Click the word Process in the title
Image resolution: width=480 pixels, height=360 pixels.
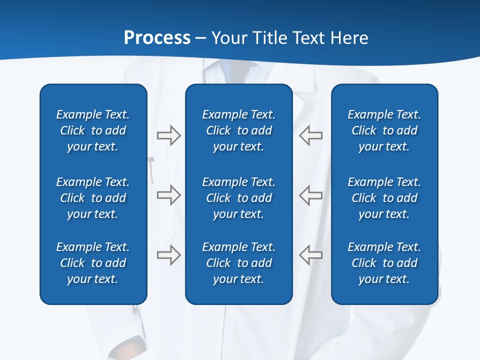(157, 38)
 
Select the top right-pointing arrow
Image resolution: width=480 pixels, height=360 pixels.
(168, 135)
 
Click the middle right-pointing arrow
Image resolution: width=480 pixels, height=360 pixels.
(168, 195)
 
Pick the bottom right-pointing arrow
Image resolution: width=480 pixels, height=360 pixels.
(168, 255)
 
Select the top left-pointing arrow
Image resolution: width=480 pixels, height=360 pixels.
(311, 135)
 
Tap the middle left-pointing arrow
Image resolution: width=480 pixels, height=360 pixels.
(311, 195)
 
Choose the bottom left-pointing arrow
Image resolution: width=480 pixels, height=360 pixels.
(311, 255)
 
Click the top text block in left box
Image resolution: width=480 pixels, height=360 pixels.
(93, 130)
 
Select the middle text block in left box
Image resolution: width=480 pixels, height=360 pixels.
(93, 198)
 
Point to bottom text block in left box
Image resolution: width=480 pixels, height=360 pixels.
(93, 263)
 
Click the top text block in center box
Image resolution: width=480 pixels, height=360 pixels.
(238, 130)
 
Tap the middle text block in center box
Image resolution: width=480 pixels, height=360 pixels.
(238, 198)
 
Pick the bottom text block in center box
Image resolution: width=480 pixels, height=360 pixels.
(238, 263)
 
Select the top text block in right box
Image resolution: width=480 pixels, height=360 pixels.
(384, 130)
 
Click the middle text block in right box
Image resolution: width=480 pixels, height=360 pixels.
(384, 198)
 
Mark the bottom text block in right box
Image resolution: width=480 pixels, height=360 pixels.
(384, 263)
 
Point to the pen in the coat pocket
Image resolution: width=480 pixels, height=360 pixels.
(151, 169)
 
